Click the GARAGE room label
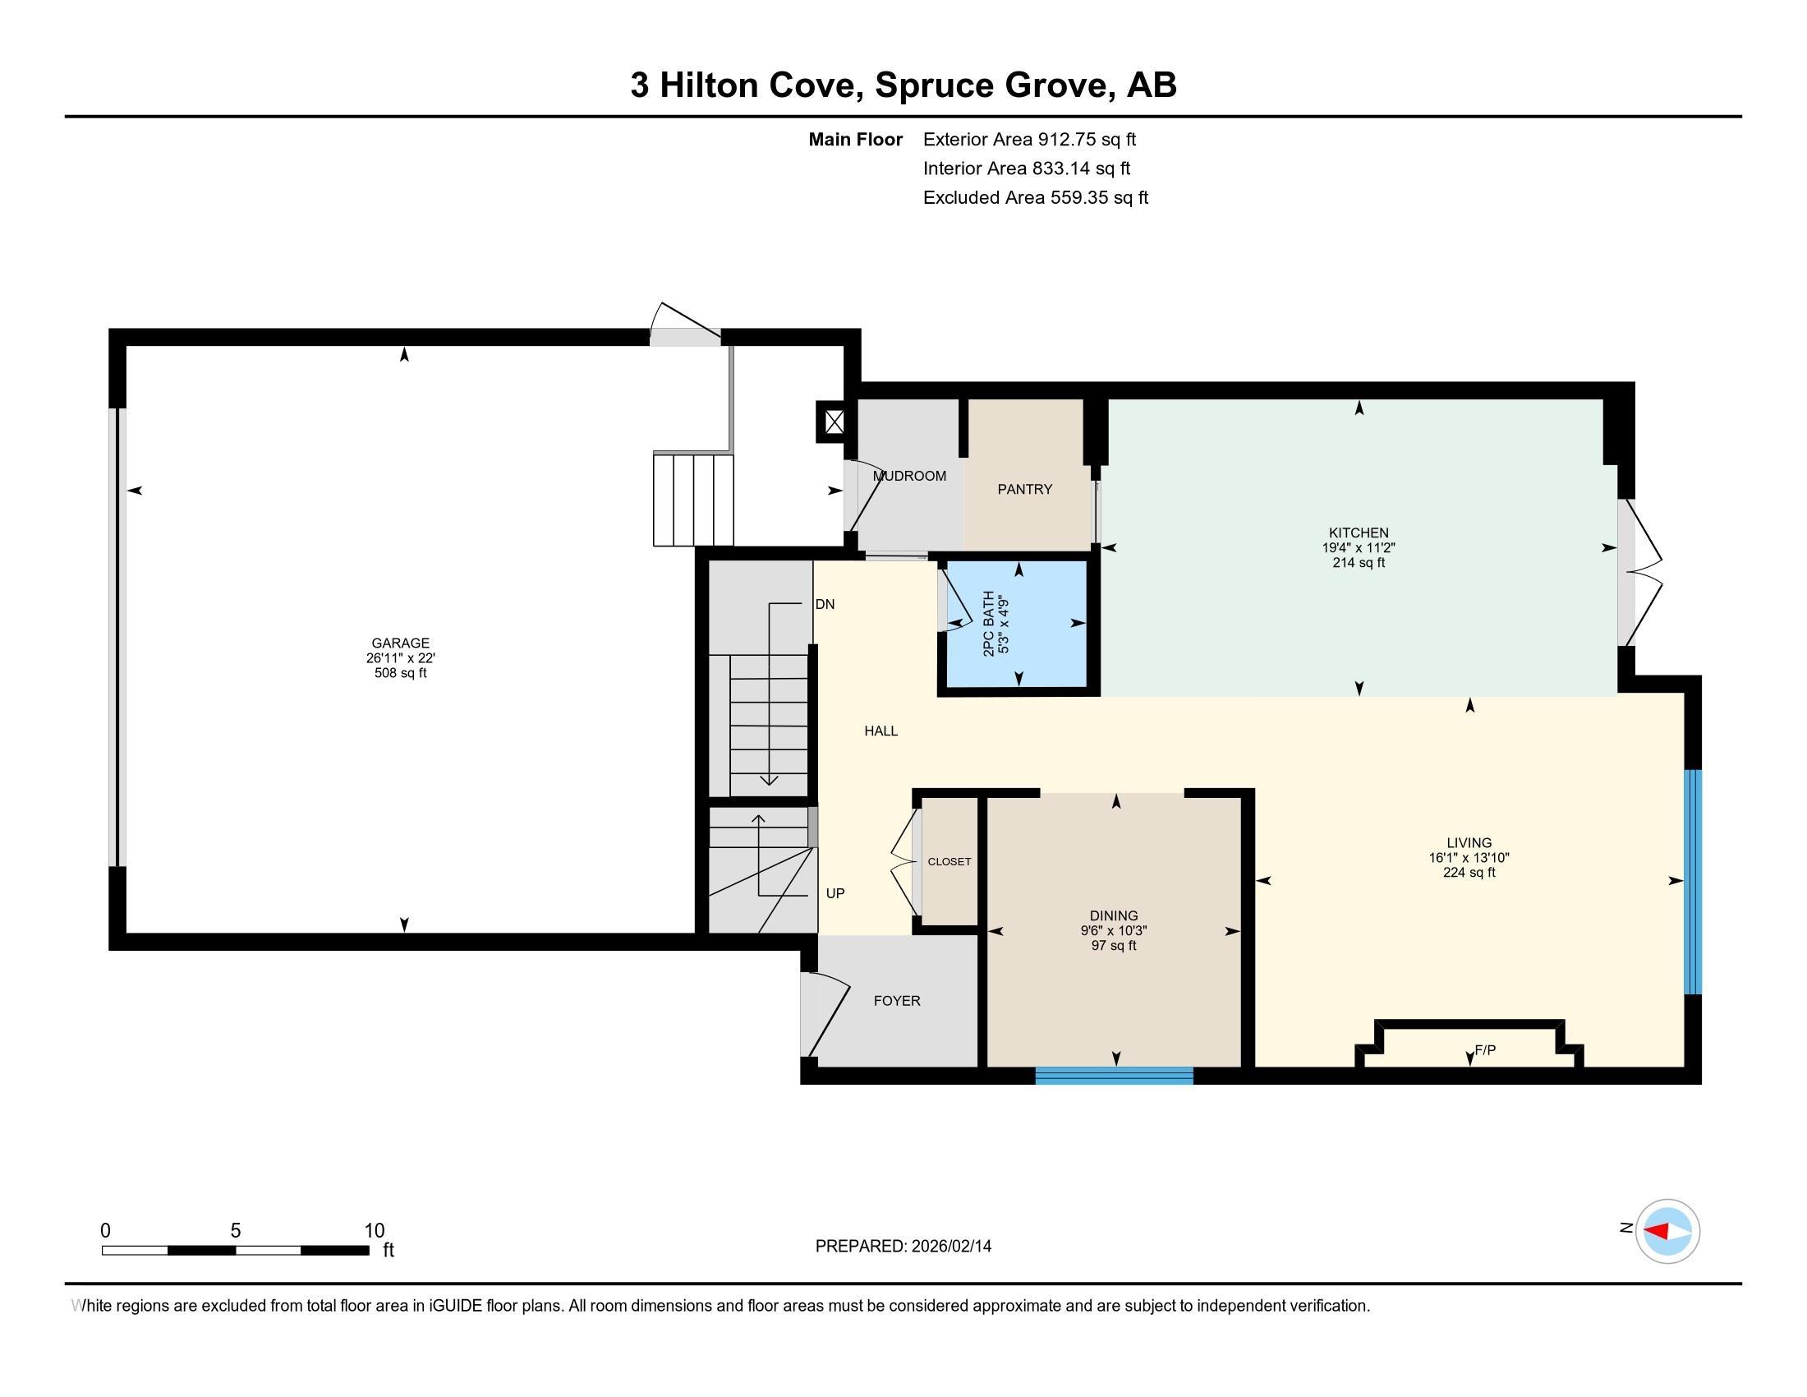(x=401, y=643)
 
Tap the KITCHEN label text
(x=1358, y=533)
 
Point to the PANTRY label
(x=1024, y=489)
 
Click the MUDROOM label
(x=909, y=476)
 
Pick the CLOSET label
(x=949, y=861)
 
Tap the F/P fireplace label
(x=1485, y=1050)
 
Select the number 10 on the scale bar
(x=374, y=1231)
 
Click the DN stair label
(x=825, y=604)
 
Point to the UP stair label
(x=835, y=894)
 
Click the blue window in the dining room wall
(x=1114, y=1076)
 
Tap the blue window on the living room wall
(x=1693, y=882)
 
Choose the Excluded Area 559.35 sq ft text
(x=1035, y=198)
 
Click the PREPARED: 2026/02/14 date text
(x=903, y=1247)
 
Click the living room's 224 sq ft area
(x=1469, y=872)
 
